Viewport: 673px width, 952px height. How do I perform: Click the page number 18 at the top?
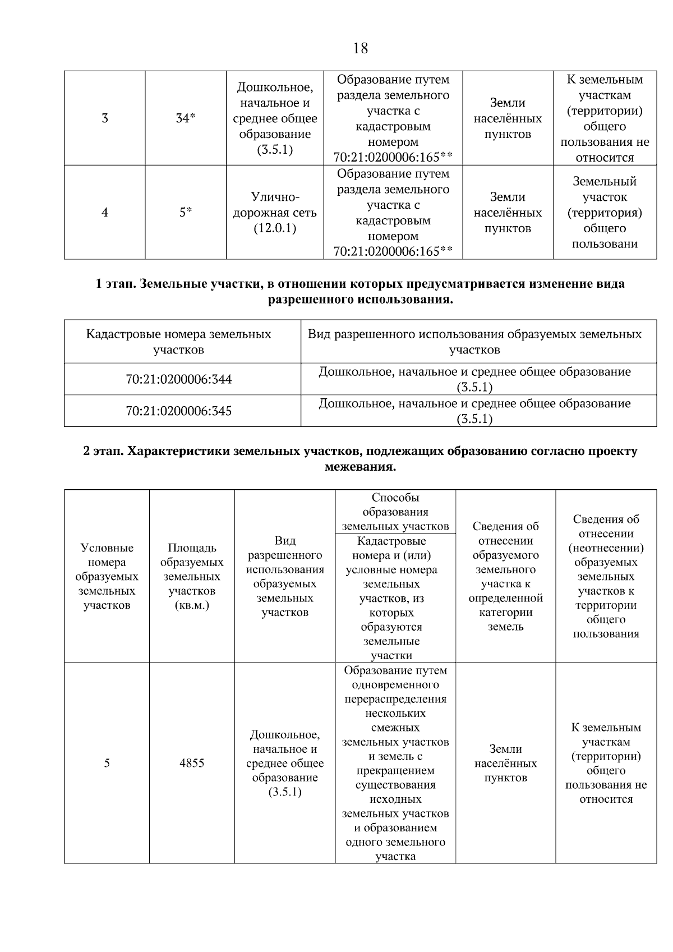tap(361, 48)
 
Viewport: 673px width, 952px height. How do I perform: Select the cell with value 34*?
tap(186, 118)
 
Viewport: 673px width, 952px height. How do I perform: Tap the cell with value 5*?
tap(186, 213)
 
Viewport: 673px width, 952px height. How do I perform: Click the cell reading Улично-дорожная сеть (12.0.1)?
tap(275, 213)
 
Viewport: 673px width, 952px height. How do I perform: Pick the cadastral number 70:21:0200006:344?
tap(178, 379)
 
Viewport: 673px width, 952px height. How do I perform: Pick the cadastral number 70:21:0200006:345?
tap(178, 411)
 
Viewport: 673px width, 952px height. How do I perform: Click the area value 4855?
tap(192, 763)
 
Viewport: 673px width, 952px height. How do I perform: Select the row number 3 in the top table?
tap(105, 118)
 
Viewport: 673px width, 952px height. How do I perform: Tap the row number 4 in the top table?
tap(105, 213)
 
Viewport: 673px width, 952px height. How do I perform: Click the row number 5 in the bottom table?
tap(107, 763)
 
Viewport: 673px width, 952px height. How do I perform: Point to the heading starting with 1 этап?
tap(360, 292)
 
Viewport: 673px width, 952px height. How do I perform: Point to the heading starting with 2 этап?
tap(360, 459)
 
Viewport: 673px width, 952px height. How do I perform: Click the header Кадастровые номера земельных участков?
tap(178, 342)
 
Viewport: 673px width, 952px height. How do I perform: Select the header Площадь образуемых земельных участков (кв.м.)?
tap(192, 577)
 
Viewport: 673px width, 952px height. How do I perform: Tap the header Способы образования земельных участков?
tap(395, 512)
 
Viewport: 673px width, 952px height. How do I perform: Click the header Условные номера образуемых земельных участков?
tap(107, 577)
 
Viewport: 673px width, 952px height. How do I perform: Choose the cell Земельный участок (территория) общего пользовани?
tap(605, 213)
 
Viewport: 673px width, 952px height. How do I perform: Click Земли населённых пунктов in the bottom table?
tap(505, 763)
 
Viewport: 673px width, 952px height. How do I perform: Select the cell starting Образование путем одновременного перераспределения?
tap(395, 763)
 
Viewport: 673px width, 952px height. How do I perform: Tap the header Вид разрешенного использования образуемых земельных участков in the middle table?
tap(474, 342)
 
